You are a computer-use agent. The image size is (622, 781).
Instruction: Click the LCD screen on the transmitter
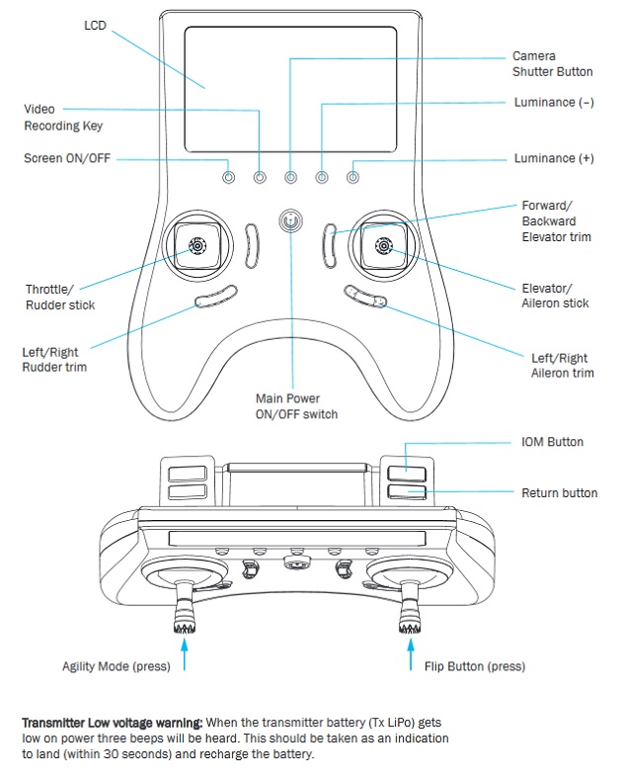click(290, 89)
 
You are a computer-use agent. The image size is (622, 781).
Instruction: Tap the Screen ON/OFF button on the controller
click(228, 177)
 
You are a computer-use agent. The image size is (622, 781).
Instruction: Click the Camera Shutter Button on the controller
click(290, 177)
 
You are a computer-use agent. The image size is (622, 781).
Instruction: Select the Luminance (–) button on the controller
click(322, 177)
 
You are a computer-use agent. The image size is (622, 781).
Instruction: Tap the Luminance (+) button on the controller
click(352, 177)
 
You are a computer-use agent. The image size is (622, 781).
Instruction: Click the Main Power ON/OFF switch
click(290, 220)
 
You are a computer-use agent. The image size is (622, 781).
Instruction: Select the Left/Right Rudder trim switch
click(216, 296)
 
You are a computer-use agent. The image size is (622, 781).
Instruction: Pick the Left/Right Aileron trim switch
click(363, 296)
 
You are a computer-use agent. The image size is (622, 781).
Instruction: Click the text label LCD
click(95, 26)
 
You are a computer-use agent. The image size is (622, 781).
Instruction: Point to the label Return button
click(559, 492)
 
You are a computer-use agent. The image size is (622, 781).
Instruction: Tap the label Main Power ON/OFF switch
click(296, 406)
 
